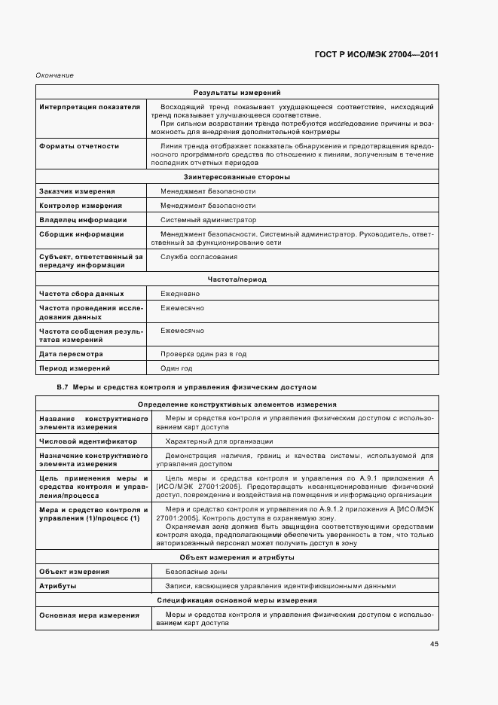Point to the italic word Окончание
(55, 75)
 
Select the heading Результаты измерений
(237, 92)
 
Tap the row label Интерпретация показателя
(89, 107)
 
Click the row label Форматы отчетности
(78, 145)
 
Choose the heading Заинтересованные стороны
(237, 176)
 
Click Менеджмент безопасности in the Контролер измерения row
(207, 206)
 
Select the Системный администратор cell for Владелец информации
(208, 220)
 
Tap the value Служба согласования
(198, 257)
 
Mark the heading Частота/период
(237, 279)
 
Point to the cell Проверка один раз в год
(203, 353)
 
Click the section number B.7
(63, 386)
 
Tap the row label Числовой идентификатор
(87, 441)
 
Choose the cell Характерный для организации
(218, 441)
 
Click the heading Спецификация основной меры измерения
(237, 600)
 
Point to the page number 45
(435, 643)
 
